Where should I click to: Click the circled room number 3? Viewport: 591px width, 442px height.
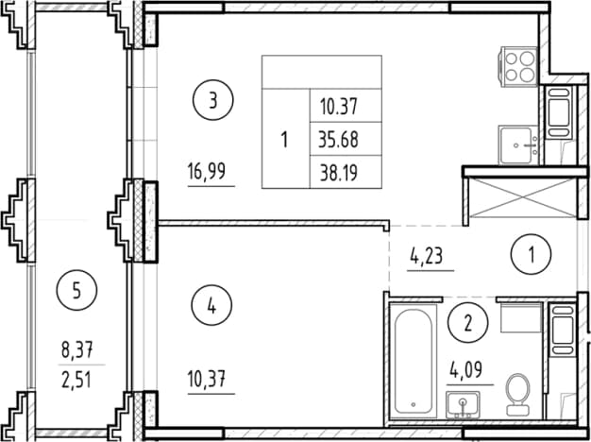pyautogui.click(x=213, y=101)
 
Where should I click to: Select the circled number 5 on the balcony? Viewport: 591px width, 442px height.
pyautogui.click(x=76, y=290)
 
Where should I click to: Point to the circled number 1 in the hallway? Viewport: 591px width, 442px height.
pyautogui.click(x=532, y=254)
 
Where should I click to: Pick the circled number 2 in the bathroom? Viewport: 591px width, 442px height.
pyautogui.click(x=468, y=323)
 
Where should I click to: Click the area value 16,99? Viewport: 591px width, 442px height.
pyautogui.click(x=207, y=172)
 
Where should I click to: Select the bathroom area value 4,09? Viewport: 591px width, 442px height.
pyautogui.click(x=465, y=371)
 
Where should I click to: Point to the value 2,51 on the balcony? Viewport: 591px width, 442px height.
pyautogui.click(x=76, y=381)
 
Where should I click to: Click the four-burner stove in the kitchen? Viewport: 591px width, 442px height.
pyautogui.click(x=517, y=66)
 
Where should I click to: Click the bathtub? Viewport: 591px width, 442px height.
pyautogui.click(x=414, y=361)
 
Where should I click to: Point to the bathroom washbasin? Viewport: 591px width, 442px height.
pyautogui.click(x=463, y=404)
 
